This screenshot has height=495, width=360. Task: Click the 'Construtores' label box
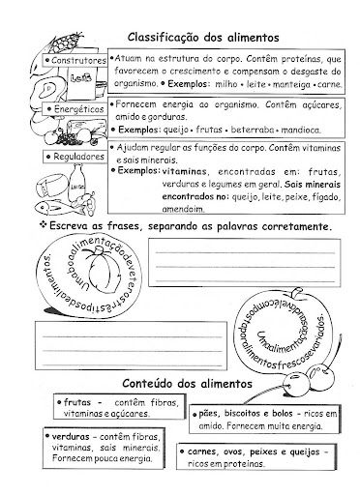coord(72,61)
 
